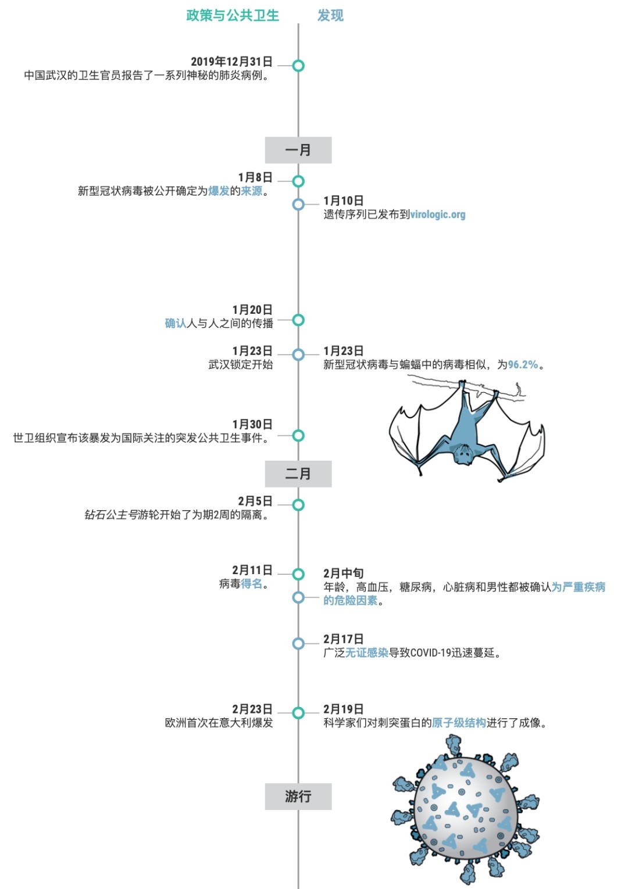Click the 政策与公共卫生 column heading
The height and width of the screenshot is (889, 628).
[233, 16]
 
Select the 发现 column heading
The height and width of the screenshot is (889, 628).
[330, 16]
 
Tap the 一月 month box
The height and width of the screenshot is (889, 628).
[298, 150]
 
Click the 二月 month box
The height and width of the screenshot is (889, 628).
[298, 474]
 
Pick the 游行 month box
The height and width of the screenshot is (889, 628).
[298, 796]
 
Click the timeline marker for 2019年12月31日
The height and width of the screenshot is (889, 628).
[298, 66]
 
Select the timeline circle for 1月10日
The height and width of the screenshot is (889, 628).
[298, 205]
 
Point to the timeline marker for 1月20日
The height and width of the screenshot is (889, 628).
[298, 320]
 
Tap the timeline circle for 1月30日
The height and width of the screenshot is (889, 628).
[298, 435]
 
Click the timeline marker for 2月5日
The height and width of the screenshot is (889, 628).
[298, 505]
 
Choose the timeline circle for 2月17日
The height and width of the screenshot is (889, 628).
[298, 643]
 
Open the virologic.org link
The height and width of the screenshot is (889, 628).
[438, 215]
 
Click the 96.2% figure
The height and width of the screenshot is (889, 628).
[523, 364]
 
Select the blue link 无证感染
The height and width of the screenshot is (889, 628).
[367, 653]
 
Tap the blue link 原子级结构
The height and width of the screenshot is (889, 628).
[459, 723]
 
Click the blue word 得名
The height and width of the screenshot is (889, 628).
[251, 584]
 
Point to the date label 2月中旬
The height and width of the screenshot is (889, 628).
[344, 573]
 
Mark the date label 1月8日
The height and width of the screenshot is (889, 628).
[255, 177]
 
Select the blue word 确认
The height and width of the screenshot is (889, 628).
[176, 324]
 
